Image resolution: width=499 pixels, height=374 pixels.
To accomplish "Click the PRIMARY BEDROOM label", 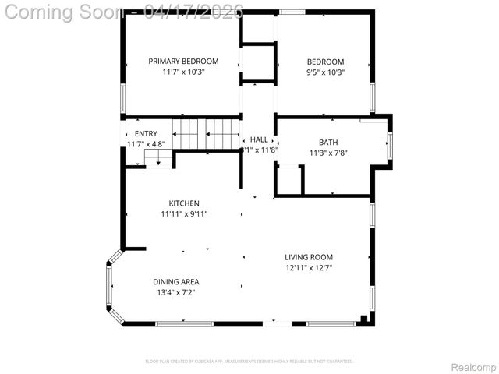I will pos(183,61).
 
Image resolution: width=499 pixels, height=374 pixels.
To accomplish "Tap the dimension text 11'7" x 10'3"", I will pos(183,72).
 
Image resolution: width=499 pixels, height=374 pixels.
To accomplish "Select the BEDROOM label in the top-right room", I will pos(325,62).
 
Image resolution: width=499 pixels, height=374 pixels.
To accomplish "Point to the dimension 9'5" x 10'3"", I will pos(325,72).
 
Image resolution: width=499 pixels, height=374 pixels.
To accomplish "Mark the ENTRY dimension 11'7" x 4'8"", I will pos(146,144).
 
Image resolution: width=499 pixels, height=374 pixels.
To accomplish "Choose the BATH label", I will pos(327,143).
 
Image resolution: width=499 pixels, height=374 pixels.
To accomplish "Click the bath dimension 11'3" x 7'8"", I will pos(327,153).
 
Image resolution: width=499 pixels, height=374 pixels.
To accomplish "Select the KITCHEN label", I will pos(184,203).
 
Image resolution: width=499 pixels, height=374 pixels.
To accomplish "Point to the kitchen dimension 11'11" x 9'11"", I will pos(184,213).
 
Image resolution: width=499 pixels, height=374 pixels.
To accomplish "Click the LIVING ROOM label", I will pos(309,257).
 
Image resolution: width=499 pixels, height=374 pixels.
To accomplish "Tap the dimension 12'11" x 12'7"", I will pos(309,268).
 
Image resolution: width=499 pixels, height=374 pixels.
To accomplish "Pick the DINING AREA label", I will pos(175,282).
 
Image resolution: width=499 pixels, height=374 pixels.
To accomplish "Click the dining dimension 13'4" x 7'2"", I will pos(175,292).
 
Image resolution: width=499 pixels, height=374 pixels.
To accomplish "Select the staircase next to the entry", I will pos(207,132).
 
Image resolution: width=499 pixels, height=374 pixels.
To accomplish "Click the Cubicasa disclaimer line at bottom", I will pos(249,362).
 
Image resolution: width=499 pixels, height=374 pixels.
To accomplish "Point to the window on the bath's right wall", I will pos(390,145).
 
